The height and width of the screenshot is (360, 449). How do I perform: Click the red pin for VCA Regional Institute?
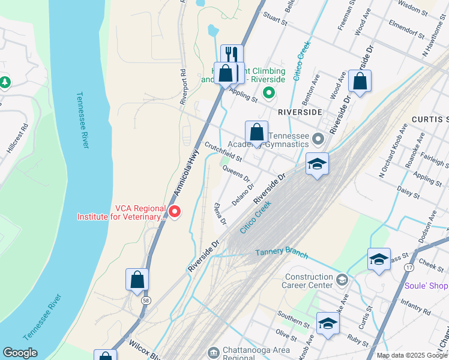coord(175,211)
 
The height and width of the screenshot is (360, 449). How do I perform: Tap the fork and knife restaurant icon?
coord(232,55)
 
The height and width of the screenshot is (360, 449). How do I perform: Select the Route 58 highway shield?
coord(145,300)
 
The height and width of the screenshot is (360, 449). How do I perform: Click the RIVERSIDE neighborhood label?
coord(300,112)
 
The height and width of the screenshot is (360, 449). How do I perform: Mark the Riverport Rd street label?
coord(184,87)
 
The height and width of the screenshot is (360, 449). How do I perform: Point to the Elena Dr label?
coord(220,214)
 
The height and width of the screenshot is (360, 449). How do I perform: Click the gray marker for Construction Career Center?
coord(342,280)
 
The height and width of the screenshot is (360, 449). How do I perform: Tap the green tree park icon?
coord(5,82)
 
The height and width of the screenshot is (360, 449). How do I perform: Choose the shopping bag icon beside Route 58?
coord(137,279)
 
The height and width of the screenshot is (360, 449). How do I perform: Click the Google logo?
coord(20,353)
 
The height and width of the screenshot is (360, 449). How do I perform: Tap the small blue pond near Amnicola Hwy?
coord(212,30)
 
